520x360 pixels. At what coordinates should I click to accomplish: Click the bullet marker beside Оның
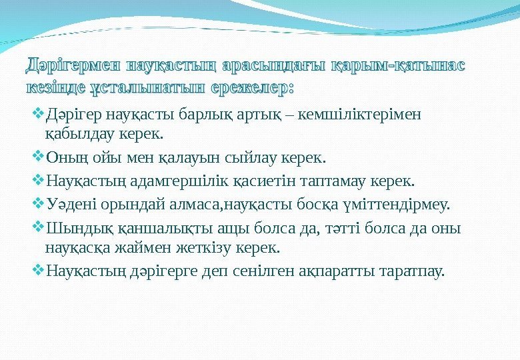click(37, 159)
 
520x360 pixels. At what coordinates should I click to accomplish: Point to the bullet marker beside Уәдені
click(37, 203)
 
